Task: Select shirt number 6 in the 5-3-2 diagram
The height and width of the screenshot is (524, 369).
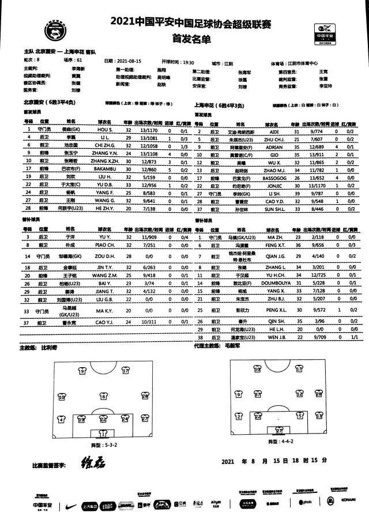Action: [x=104, y=396]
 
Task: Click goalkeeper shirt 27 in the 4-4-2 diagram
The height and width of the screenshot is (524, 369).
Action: [x=279, y=430]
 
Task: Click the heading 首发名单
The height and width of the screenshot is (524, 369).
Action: [x=184, y=39]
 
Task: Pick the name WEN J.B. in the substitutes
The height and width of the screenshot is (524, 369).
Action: [x=275, y=336]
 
